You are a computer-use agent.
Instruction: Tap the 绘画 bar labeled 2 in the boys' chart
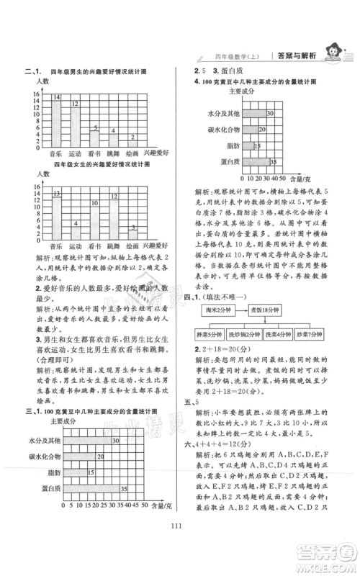(x=132, y=143)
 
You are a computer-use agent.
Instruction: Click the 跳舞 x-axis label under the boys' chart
(x=113, y=153)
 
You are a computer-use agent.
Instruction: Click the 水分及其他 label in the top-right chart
(x=222, y=114)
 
